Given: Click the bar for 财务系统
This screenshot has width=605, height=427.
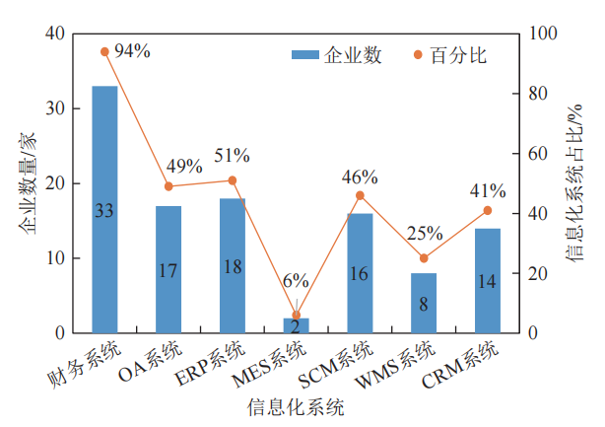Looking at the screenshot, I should [x=104, y=209].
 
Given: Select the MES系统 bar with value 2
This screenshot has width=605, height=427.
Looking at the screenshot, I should [x=296, y=325].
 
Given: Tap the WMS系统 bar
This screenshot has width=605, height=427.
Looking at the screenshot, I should [x=424, y=303].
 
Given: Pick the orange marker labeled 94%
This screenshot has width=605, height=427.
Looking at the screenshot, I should [x=104, y=51].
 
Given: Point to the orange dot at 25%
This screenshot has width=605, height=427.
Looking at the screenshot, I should [x=424, y=258].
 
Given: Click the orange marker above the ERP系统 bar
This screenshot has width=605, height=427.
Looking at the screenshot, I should [x=233, y=180].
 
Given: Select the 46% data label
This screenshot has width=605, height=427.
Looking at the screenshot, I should [x=360, y=178].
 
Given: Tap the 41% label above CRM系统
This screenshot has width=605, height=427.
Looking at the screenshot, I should [x=487, y=190].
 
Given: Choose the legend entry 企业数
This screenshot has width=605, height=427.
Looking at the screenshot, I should [x=336, y=55].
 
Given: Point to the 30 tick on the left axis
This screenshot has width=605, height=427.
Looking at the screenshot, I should [x=54, y=108].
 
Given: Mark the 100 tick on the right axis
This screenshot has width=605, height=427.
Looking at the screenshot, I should [x=543, y=34].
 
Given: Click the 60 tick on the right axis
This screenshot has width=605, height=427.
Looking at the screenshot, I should [x=539, y=154].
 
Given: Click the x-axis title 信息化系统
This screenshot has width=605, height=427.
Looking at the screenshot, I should [x=295, y=405].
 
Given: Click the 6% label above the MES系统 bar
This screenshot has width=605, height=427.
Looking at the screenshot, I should [x=296, y=281].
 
